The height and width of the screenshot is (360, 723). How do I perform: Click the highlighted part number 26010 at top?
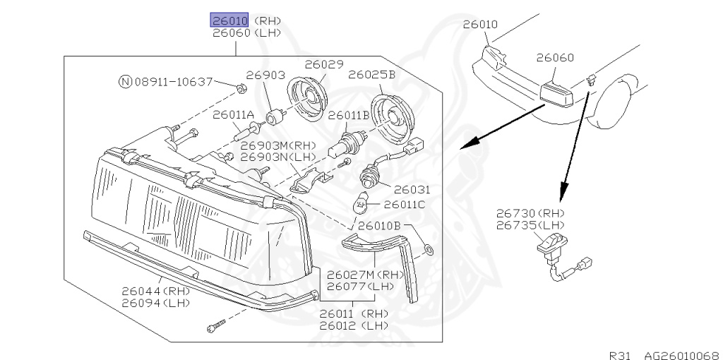pos(228,20)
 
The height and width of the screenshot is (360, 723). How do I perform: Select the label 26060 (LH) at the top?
pos(246,33)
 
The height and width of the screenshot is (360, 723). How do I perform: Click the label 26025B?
pos(371,73)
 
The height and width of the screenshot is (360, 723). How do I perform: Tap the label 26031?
pos(412,190)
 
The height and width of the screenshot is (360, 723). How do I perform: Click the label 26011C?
pos(404,205)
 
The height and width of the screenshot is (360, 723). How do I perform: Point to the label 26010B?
pos(379,226)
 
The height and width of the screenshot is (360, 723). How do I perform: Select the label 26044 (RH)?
pos(155,290)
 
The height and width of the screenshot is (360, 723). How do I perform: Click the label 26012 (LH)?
pos(353,325)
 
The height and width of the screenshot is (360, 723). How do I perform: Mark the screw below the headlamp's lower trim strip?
pos(215,326)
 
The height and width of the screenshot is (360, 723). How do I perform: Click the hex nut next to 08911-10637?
pos(239,88)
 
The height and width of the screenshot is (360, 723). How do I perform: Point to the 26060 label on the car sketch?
pos(554,58)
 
